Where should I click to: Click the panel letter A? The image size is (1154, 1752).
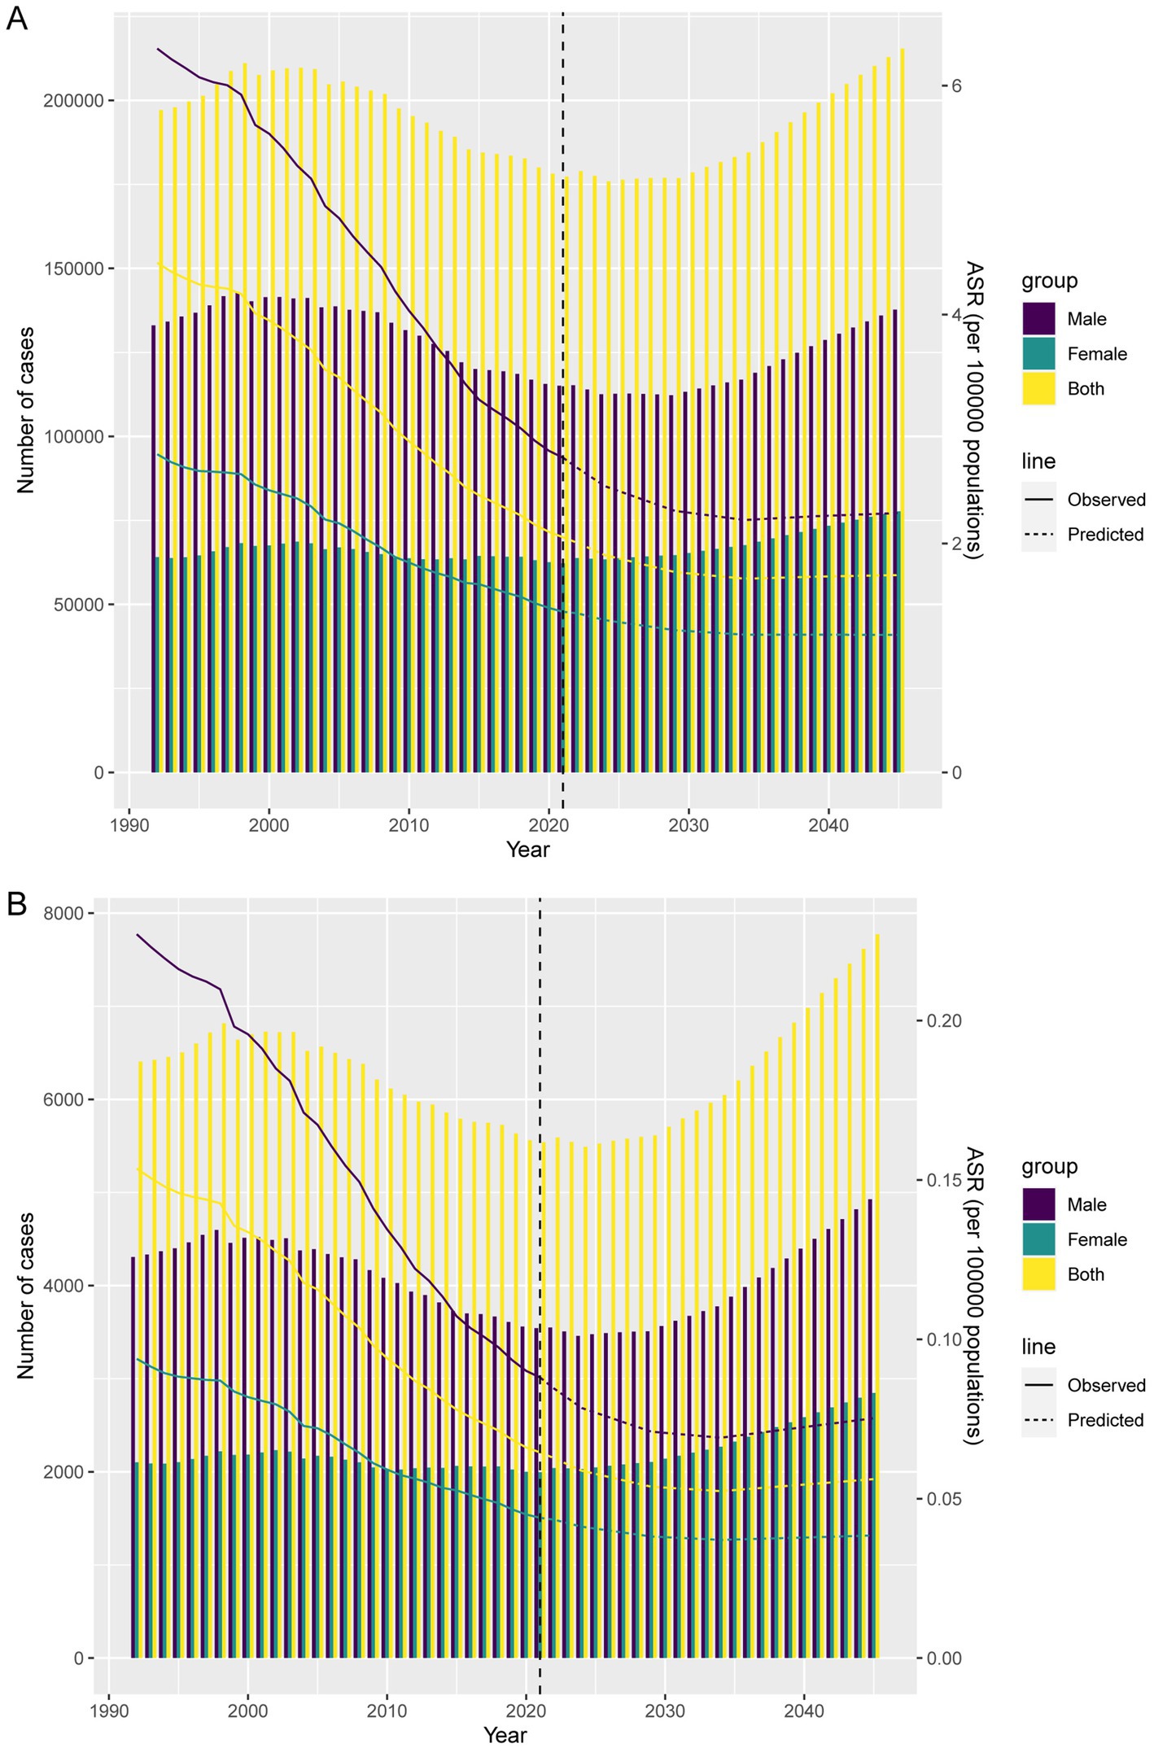click(16, 18)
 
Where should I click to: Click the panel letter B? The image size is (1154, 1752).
click(16, 904)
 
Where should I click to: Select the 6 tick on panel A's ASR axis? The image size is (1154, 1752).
click(958, 85)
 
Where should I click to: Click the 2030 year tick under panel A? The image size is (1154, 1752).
click(688, 825)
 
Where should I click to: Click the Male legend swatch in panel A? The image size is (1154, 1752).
click(1038, 319)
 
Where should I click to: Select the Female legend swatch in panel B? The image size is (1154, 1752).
click(1038, 1239)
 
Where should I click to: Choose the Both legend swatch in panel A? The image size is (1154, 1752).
click(1038, 389)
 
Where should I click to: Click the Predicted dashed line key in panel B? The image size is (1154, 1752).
click(1038, 1420)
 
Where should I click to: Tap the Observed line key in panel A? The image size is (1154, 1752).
click(1038, 500)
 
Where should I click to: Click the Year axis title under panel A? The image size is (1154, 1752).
click(527, 850)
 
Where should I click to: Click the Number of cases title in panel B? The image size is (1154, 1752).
click(26, 1295)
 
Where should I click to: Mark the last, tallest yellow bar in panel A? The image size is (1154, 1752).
click(903, 407)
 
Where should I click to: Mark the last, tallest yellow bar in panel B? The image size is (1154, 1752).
click(877, 1302)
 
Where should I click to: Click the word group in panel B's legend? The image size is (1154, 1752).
click(1049, 1166)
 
